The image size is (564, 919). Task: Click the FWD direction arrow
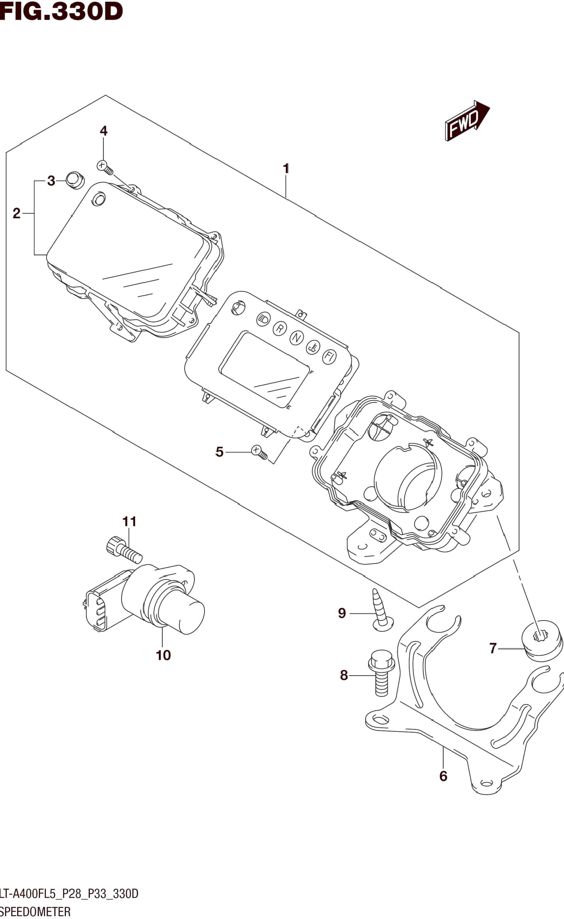click(x=466, y=121)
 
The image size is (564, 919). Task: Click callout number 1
click(x=286, y=169)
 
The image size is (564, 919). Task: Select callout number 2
click(x=16, y=213)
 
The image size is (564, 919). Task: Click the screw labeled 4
click(x=104, y=167)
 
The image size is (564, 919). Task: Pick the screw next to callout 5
click(x=260, y=452)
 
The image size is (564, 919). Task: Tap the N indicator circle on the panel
click(x=296, y=338)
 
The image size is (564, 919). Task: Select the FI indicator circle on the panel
click(x=329, y=357)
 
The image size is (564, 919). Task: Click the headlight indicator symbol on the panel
click(x=263, y=319)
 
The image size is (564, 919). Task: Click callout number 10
click(x=163, y=655)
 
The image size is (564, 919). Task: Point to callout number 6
click(x=443, y=776)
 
